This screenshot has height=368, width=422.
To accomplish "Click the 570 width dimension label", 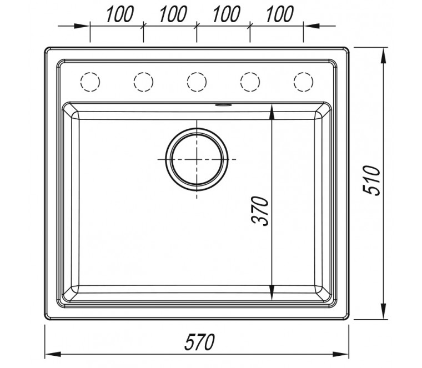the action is (x=199, y=342).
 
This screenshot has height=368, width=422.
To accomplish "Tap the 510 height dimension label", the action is (x=371, y=180).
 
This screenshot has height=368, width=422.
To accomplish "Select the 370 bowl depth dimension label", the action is (x=260, y=211).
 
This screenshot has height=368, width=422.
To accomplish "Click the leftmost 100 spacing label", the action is (x=119, y=14).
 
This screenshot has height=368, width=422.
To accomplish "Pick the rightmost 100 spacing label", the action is (x=280, y=14).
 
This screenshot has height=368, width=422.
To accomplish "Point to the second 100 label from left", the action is (x=173, y=14).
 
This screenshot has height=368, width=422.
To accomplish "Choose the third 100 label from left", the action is (x=227, y=14).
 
